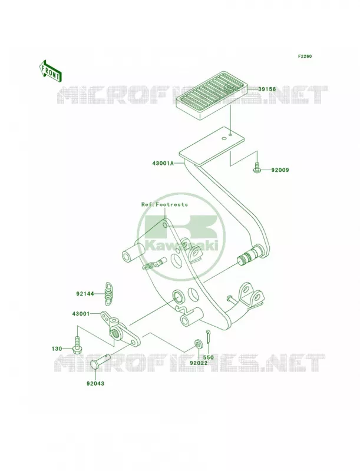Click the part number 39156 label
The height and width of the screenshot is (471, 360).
click(x=267, y=89)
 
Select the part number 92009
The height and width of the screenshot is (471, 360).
click(x=280, y=170)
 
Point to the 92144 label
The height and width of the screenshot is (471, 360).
click(x=85, y=294)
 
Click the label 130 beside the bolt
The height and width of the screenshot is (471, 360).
click(x=57, y=349)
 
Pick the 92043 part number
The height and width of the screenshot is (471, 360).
click(x=95, y=384)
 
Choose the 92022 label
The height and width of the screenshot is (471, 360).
click(x=199, y=363)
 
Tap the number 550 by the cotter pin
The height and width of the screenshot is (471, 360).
click(x=208, y=357)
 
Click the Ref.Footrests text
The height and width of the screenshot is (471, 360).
click(x=164, y=204)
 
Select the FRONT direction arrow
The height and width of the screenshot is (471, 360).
click(x=50, y=71)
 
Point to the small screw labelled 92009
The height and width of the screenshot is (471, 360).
click(x=256, y=167)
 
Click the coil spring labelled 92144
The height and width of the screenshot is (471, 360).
click(x=108, y=291)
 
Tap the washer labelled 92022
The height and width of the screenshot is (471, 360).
click(x=198, y=343)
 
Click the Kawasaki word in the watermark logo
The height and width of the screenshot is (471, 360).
click(x=181, y=245)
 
